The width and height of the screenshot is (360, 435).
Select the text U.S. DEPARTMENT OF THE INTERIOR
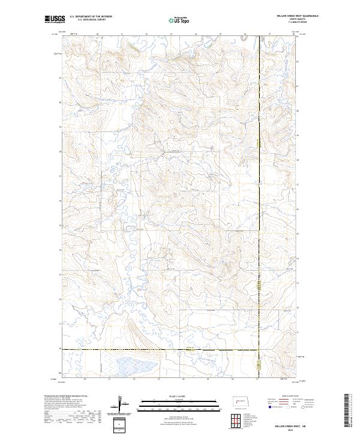pyautogui.click(x=88, y=16)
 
